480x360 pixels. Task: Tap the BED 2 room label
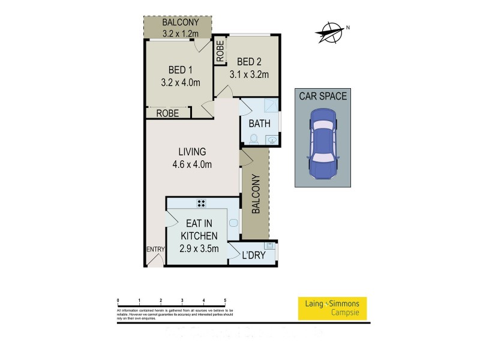point(249,62)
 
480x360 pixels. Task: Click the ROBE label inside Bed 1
point(167,113)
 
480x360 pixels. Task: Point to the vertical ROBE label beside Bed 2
point(220,52)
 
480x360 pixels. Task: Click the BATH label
point(260,124)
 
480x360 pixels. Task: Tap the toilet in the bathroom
point(253,140)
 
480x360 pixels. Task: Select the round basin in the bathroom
point(273,140)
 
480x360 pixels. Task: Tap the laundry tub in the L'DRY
point(271,245)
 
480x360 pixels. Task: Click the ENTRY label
point(154,249)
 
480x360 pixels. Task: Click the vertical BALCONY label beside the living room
point(255,194)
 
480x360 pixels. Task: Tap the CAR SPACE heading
point(323,95)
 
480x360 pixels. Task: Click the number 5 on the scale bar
point(224,300)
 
